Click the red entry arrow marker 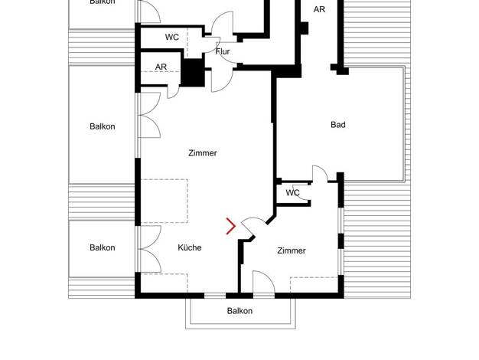click(x=231, y=226)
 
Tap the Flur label click(x=223, y=51)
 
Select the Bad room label click(x=338, y=125)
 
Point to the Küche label click(x=190, y=247)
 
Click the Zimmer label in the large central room click(x=203, y=153)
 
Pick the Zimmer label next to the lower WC click(x=292, y=250)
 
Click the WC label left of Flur click(x=172, y=38)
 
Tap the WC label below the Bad click(x=292, y=193)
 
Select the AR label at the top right click(x=319, y=9)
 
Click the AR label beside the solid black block click(x=161, y=67)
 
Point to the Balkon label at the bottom click(x=239, y=311)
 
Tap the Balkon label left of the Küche click(x=103, y=247)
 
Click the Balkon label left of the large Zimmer click(x=103, y=126)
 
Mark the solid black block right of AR click(x=193, y=73)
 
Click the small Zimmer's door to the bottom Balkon click(x=264, y=282)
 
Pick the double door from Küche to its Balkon click(x=149, y=249)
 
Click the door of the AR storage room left click(x=173, y=92)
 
